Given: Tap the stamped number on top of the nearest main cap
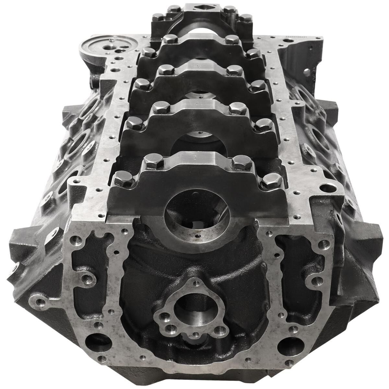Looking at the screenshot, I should (194, 158).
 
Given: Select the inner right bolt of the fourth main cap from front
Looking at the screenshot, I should (232, 40).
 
